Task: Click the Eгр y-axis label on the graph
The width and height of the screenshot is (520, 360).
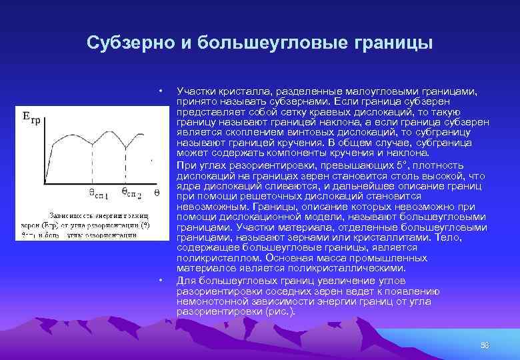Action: coord(31,117)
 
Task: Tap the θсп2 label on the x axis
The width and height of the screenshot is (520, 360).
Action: coord(132,193)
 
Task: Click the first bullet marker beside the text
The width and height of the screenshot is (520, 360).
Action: coord(161,91)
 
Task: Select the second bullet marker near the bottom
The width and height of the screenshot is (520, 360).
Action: coord(161,281)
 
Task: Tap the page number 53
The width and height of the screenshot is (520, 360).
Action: coord(485,345)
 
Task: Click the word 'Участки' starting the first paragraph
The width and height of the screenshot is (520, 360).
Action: coord(194,91)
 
